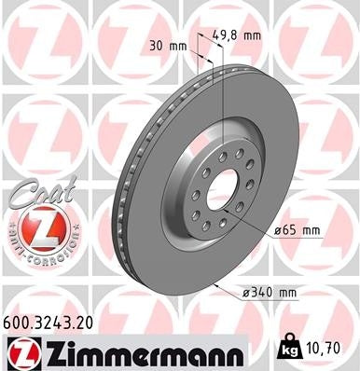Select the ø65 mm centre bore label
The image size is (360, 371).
[298, 229]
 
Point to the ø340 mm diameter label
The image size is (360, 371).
[266, 292]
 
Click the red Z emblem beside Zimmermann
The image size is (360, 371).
[21, 350]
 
